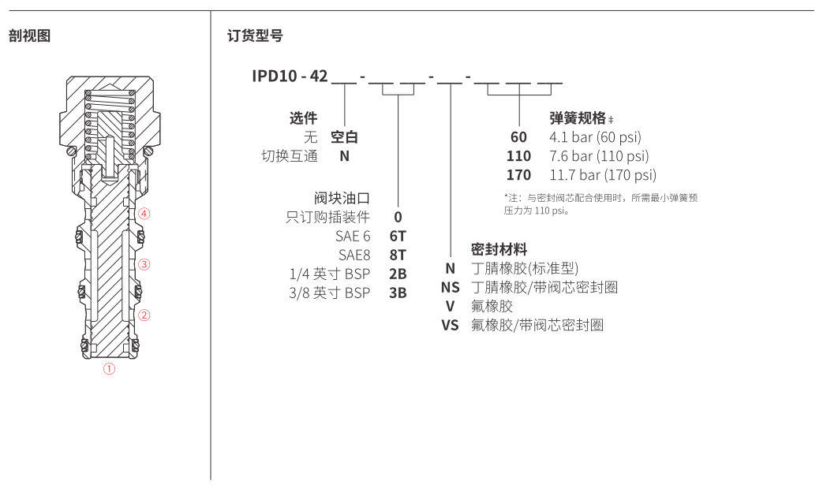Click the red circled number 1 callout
(x=110, y=368)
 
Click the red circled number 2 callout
(x=144, y=315)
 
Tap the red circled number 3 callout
(x=144, y=263)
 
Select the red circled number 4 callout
(x=144, y=214)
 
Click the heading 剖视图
(x=29, y=35)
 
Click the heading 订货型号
(x=255, y=35)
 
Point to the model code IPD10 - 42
(x=290, y=76)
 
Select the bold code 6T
(x=398, y=236)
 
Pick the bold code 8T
(x=398, y=255)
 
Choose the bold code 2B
(x=398, y=274)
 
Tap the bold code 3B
(x=398, y=293)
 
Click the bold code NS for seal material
(x=450, y=287)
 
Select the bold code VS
(x=450, y=325)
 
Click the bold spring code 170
(x=518, y=175)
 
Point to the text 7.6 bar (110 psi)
(x=599, y=156)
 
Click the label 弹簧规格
(x=578, y=118)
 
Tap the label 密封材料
(x=499, y=249)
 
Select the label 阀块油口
(x=342, y=197)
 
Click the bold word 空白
(x=344, y=136)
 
